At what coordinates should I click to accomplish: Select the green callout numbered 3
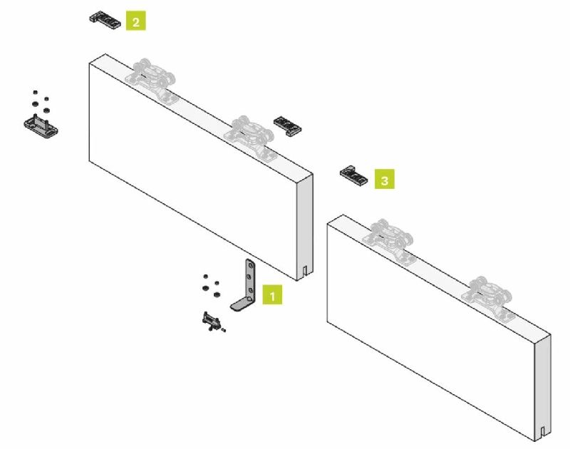click(x=385, y=179)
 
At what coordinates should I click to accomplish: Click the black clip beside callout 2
click(x=105, y=20)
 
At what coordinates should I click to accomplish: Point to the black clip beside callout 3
click(x=353, y=175)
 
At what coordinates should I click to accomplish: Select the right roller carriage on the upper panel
click(x=250, y=138)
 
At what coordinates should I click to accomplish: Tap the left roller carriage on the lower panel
click(x=391, y=241)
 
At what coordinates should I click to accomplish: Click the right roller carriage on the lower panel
click(x=488, y=299)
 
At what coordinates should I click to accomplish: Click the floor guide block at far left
click(x=41, y=127)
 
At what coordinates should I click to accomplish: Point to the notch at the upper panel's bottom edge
click(x=305, y=272)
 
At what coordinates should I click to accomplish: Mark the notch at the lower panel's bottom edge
click(x=542, y=433)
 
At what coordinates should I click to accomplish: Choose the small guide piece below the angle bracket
click(x=211, y=321)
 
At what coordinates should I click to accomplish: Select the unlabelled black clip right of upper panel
click(x=288, y=126)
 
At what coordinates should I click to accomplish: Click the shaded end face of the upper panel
click(x=305, y=227)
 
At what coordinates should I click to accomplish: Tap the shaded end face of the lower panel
click(x=542, y=388)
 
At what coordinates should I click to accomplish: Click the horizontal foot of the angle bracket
click(x=242, y=304)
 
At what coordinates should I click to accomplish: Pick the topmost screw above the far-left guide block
click(x=35, y=93)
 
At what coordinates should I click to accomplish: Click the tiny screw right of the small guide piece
click(x=224, y=330)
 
